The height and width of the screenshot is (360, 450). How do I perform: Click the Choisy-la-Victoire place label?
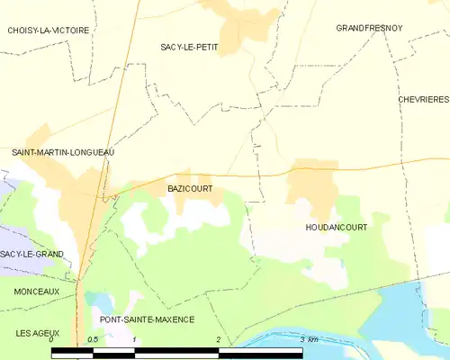click(49, 31)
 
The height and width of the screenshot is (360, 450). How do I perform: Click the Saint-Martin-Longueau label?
click(62, 153)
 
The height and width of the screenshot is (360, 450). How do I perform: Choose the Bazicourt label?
click(190, 189)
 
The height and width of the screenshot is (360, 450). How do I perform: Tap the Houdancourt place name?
click(336, 228)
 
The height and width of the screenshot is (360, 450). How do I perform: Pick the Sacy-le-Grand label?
click(31, 255)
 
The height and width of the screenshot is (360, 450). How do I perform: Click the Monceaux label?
click(36, 292)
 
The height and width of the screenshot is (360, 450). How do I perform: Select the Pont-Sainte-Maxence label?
click(147, 319)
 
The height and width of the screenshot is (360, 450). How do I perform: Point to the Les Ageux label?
click(36, 333)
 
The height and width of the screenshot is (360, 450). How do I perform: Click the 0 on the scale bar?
click(51, 339)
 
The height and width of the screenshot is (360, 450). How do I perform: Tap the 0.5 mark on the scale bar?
click(92, 339)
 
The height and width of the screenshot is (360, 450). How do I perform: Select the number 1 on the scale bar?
click(133, 339)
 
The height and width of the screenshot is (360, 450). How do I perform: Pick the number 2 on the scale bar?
click(217, 339)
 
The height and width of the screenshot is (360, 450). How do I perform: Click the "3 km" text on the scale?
click(309, 339)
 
